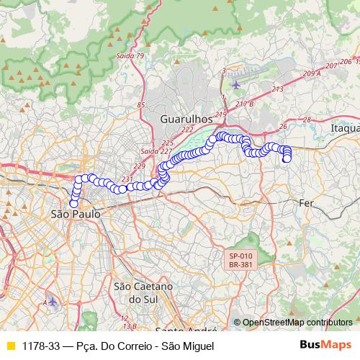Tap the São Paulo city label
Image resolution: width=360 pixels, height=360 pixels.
click(x=75, y=215)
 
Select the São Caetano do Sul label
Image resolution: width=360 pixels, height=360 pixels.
click(x=142, y=292)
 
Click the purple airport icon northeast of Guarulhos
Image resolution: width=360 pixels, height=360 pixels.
click(x=236, y=85)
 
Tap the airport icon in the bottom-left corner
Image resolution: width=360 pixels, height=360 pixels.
click(x=52, y=301)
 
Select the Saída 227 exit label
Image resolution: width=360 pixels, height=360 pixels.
click(x=156, y=151)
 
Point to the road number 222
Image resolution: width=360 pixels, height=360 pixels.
click(x=188, y=130)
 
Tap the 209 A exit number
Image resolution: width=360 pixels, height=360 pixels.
click(x=312, y=73)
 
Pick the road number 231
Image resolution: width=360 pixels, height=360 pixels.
click(x=127, y=179)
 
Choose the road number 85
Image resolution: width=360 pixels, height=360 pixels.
click(x=141, y=105)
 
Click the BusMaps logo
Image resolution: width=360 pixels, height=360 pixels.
click(x=325, y=346)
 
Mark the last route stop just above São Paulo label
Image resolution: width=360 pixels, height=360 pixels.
click(x=73, y=204)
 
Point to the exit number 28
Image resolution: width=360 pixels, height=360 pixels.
click(x=306, y=120)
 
